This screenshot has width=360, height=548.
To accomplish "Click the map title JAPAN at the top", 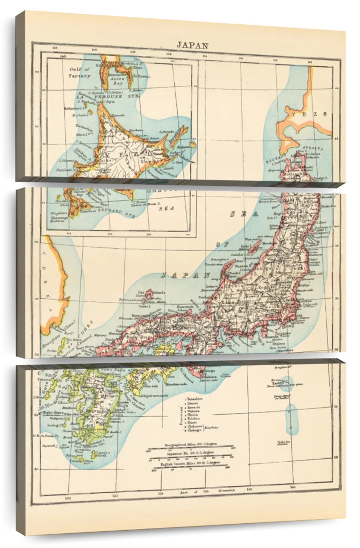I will point(193,46).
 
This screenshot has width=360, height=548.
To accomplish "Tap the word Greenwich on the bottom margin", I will point(226,491).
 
